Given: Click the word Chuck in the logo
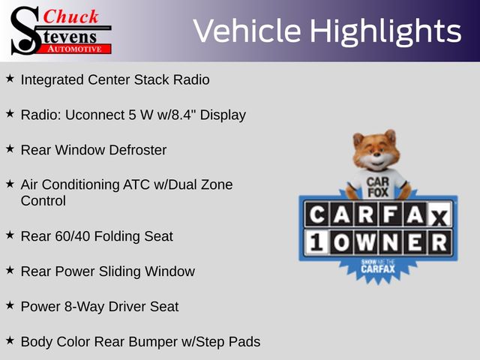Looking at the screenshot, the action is point(70,16).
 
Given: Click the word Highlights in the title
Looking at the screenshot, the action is point(385,31).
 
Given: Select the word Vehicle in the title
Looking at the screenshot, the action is point(247,31).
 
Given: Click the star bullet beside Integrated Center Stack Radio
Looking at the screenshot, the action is point(10,78).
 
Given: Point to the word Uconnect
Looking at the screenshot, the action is point(94,115).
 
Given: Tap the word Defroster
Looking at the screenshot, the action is point(138,150).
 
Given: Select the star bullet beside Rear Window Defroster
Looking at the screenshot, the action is point(10,148).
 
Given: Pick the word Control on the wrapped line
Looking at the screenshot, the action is point(43,201).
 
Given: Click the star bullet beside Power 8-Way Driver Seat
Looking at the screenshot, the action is point(10,305).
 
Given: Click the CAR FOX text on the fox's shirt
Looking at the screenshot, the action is point(378,187).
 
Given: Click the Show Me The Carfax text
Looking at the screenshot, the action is point(378,267).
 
